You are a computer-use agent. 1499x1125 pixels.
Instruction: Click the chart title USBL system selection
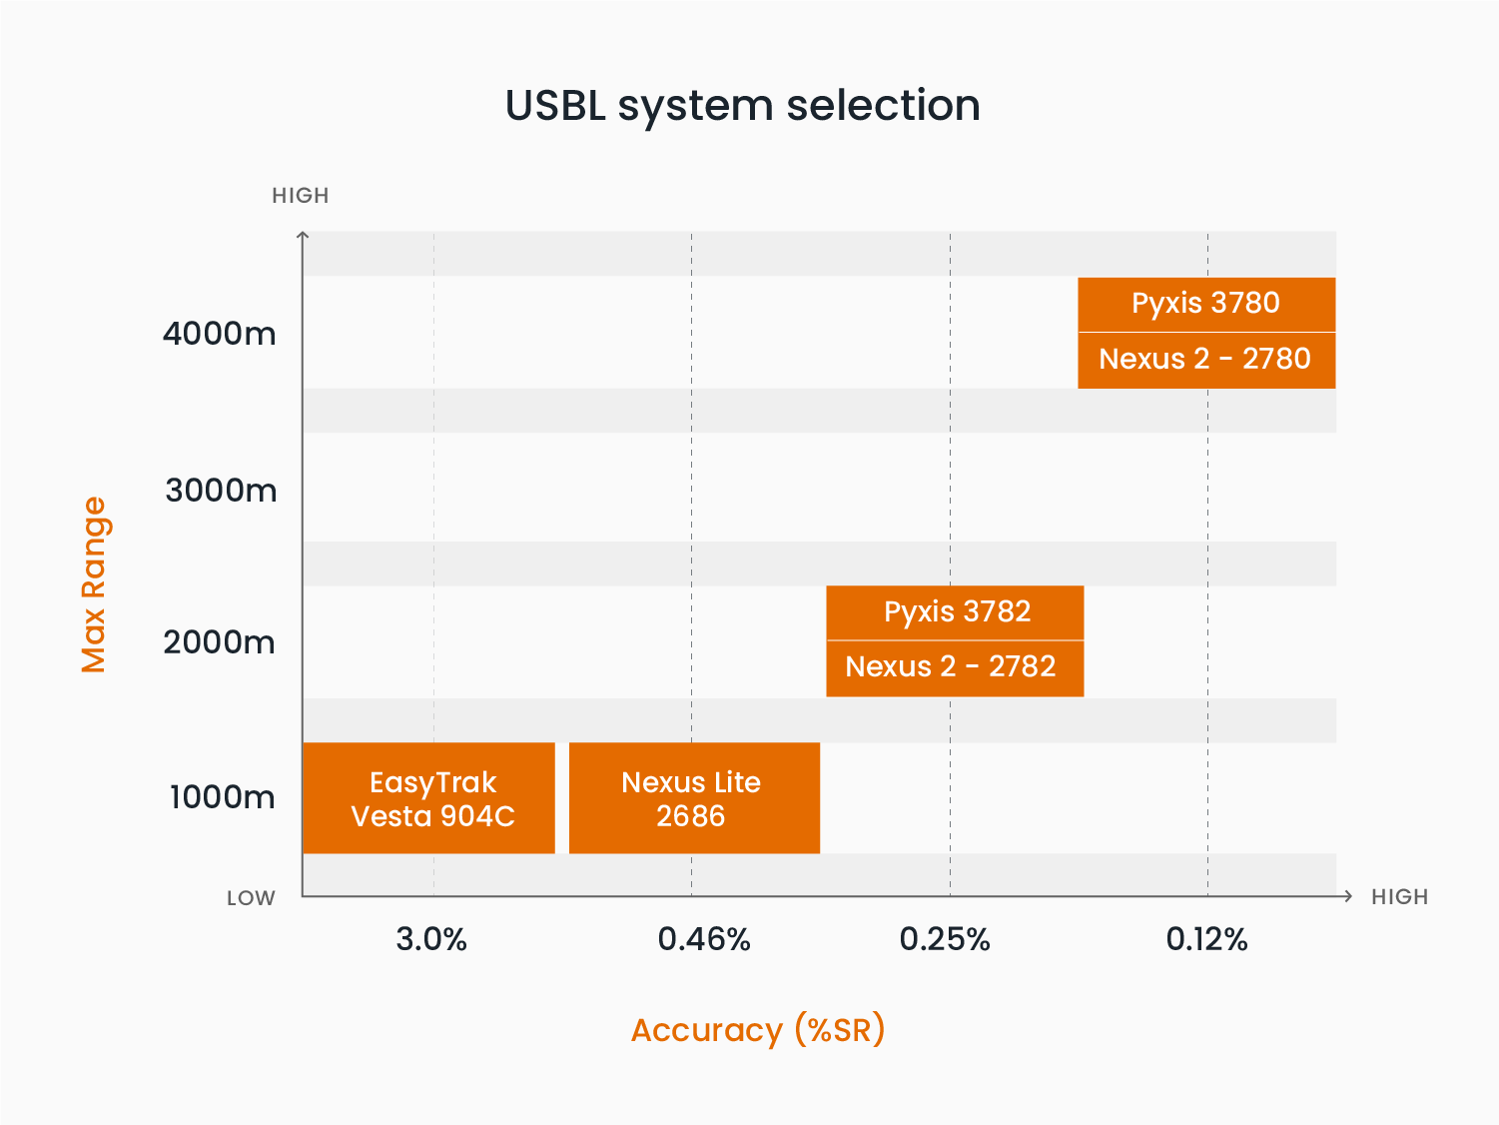[742, 107]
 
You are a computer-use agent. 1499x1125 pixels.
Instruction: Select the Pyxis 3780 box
[1206, 305]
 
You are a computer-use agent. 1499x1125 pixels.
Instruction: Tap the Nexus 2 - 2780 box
[1206, 361]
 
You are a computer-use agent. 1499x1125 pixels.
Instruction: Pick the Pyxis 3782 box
[955, 612]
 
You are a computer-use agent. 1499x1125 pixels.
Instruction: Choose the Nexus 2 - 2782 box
[955, 668]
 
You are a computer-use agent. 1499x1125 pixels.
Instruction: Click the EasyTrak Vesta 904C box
[428, 798]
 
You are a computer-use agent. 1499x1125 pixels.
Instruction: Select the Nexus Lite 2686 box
[694, 798]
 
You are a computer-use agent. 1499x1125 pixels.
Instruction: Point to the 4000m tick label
[220, 334]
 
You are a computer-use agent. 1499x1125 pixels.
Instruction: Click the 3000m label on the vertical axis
[221, 491]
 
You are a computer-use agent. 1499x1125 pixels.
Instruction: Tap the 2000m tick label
[220, 642]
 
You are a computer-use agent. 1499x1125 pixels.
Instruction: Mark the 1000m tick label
[222, 797]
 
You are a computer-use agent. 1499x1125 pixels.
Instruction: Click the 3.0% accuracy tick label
[431, 939]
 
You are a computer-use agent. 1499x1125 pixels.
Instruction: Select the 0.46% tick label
[704, 939]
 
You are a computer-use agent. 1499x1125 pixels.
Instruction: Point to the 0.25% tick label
[945, 939]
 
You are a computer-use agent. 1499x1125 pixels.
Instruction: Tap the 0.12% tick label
[1206, 939]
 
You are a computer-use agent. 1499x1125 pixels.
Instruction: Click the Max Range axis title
[94, 584]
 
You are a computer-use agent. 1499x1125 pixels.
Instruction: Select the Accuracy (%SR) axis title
[758, 1030]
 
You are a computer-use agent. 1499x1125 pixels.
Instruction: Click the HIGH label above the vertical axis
[301, 196]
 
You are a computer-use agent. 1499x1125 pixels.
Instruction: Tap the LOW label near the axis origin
[251, 897]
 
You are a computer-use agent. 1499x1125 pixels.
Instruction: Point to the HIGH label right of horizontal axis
[1400, 897]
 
